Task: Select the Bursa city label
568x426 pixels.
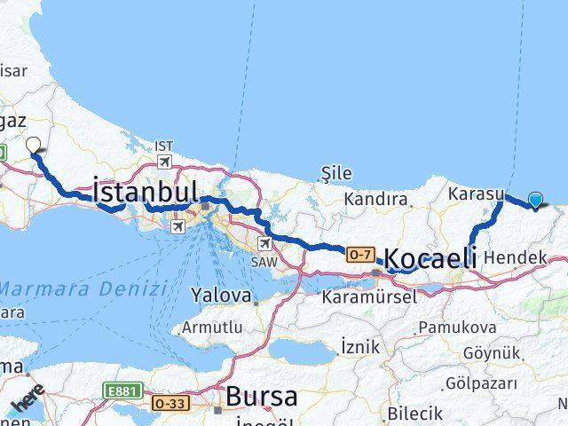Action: click(261, 396)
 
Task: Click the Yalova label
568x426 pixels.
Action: click(218, 294)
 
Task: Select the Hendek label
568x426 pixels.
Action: click(516, 256)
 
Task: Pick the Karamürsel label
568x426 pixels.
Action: click(369, 297)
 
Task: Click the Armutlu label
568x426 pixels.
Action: click(211, 328)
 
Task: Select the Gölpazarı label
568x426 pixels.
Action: click(482, 384)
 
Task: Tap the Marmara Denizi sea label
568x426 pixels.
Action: click(84, 288)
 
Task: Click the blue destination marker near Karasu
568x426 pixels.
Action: click(536, 200)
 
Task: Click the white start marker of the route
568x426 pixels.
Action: click(34, 145)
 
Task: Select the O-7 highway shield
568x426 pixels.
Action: click(359, 254)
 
